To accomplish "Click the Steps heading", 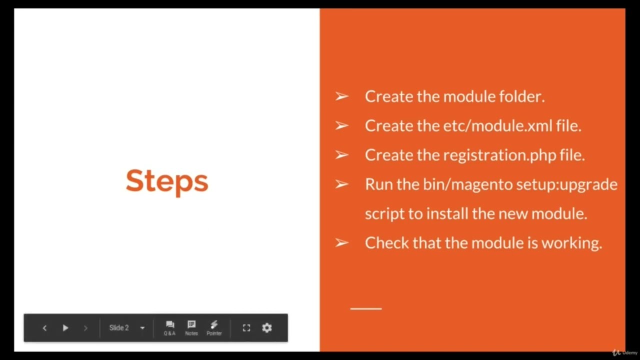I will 166,181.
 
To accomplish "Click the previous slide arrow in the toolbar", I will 44,328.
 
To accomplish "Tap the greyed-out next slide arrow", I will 85,328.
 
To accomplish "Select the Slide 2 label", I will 119,328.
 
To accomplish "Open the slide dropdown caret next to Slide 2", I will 142,328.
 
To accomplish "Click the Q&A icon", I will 169,327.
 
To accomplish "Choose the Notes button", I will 191,327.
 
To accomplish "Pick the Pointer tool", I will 214,327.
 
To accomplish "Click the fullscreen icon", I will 246,328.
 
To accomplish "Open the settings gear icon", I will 267,328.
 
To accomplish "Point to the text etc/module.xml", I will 497,126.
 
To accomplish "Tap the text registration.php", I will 499,155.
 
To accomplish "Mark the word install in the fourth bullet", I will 448,213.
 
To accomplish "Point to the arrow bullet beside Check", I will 341,243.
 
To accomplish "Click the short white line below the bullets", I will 366,309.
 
